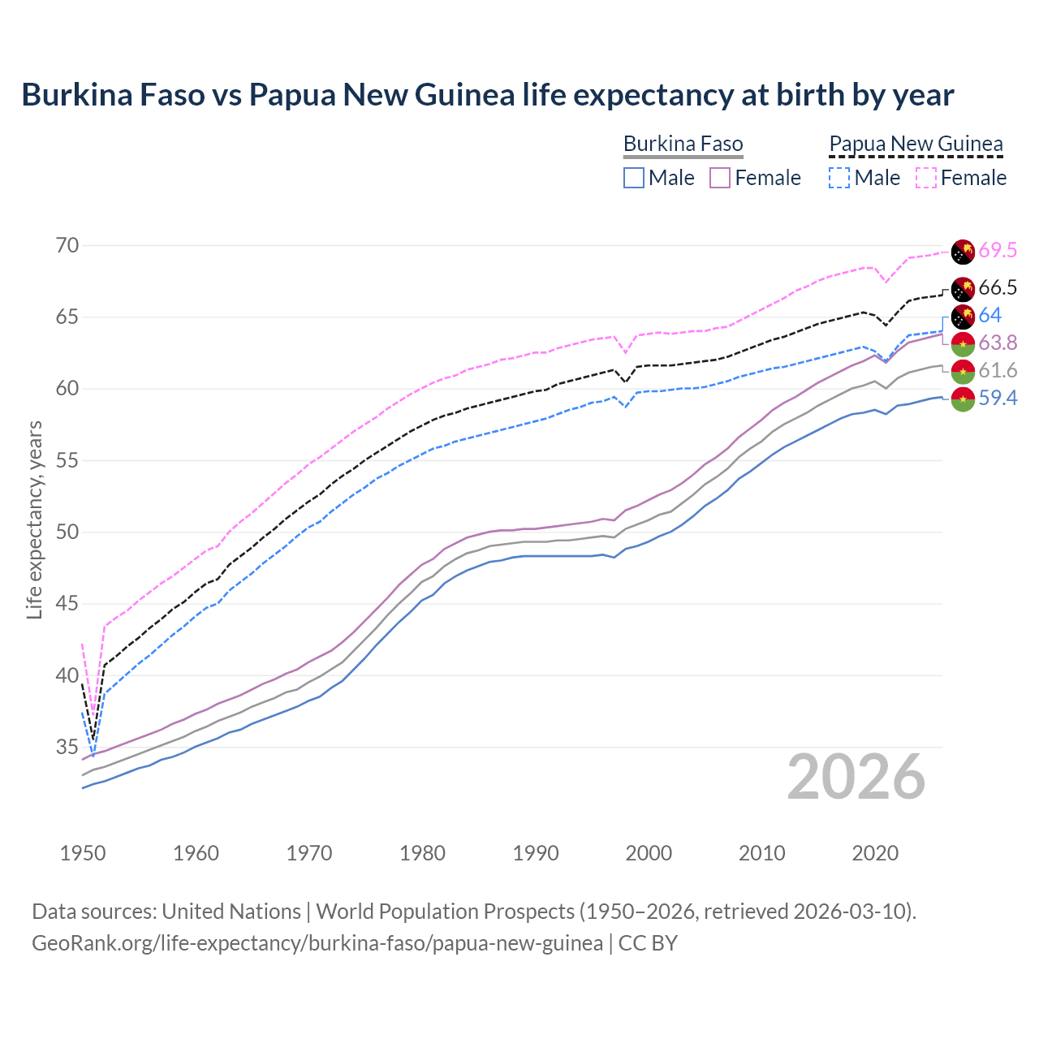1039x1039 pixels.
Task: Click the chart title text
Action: [x=488, y=95]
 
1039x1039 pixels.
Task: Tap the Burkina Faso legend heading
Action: [x=683, y=144]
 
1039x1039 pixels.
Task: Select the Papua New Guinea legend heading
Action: [x=916, y=144]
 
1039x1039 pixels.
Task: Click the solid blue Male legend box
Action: [x=634, y=178]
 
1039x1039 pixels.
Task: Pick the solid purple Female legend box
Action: [x=720, y=178]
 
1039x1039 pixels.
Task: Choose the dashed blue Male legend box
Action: [x=839, y=178]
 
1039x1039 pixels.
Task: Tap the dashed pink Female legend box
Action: [x=925, y=178]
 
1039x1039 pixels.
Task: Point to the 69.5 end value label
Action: [x=998, y=250]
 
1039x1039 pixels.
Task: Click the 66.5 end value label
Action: [x=998, y=287]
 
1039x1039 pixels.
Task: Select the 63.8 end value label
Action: [x=998, y=343]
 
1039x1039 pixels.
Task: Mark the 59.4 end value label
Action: [x=998, y=398]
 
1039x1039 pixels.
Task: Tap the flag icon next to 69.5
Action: [x=963, y=252]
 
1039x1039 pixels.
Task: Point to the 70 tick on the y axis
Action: [x=68, y=245]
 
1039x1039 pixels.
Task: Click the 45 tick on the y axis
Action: [x=68, y=604]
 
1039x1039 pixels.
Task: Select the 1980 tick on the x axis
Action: [x=423, y=853]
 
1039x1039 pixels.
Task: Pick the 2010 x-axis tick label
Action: [x=762, y=853]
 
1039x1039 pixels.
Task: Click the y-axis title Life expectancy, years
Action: [x=34, y=519]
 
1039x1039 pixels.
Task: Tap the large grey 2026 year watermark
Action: [x=856, y=777]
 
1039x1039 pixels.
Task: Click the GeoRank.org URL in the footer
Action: [x=317, y=943]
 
